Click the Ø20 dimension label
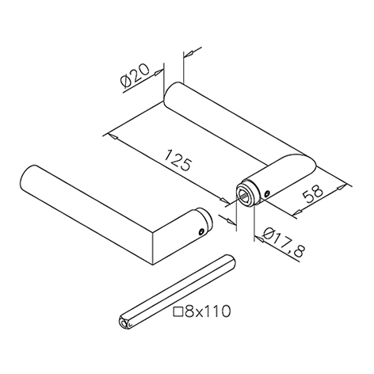point(135,75)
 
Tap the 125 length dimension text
point(177,161)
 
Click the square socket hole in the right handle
point(244,197)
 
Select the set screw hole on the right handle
point(267,194)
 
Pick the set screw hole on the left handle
point(201,231)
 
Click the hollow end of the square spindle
point(124,323)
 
